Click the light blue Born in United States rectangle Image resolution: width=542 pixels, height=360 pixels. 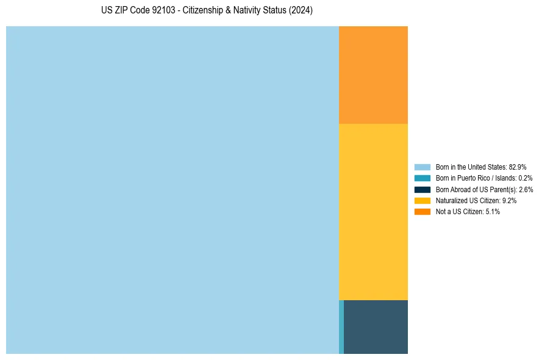pos(173,190)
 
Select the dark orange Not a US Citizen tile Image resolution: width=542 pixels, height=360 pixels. pos(373,74)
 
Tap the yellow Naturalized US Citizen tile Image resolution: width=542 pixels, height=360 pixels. pos(373,212)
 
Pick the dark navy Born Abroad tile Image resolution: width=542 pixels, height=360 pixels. pos(376,326)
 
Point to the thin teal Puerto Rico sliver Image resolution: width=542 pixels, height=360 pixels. pos(341,326)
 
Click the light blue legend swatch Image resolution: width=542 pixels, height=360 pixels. pos(423,167)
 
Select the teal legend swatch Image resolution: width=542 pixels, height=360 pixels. pos(423,178)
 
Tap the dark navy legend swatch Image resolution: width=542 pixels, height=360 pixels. pos(423,189)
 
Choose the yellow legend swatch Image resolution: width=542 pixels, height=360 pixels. pos(423,200)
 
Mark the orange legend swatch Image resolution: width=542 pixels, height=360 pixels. pos(423,211)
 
